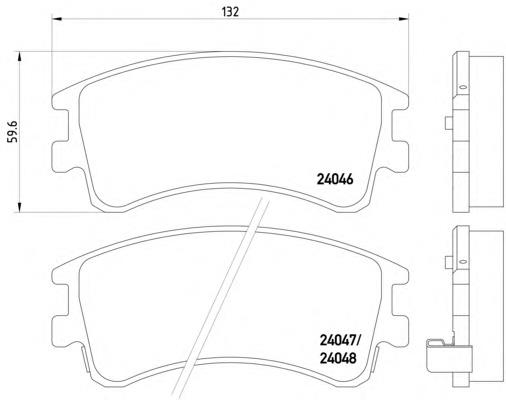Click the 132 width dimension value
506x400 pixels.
click(x=230, y=12)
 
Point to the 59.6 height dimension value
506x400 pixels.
click(x=14, y=132)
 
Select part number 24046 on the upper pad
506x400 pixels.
click(x=335, y=180)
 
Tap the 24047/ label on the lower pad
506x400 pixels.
click(x=340, y=341)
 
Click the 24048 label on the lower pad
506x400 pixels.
click(x=338, y=358)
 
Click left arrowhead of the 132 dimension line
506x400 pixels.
click(x=57, y=19)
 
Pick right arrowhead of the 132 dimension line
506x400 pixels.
click(x=404, y=19)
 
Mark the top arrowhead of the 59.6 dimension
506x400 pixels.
click(x=19, y=57)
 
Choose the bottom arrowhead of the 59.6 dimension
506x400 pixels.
click(x=19, y=207)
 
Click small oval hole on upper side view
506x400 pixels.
click(x=462, y=87)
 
